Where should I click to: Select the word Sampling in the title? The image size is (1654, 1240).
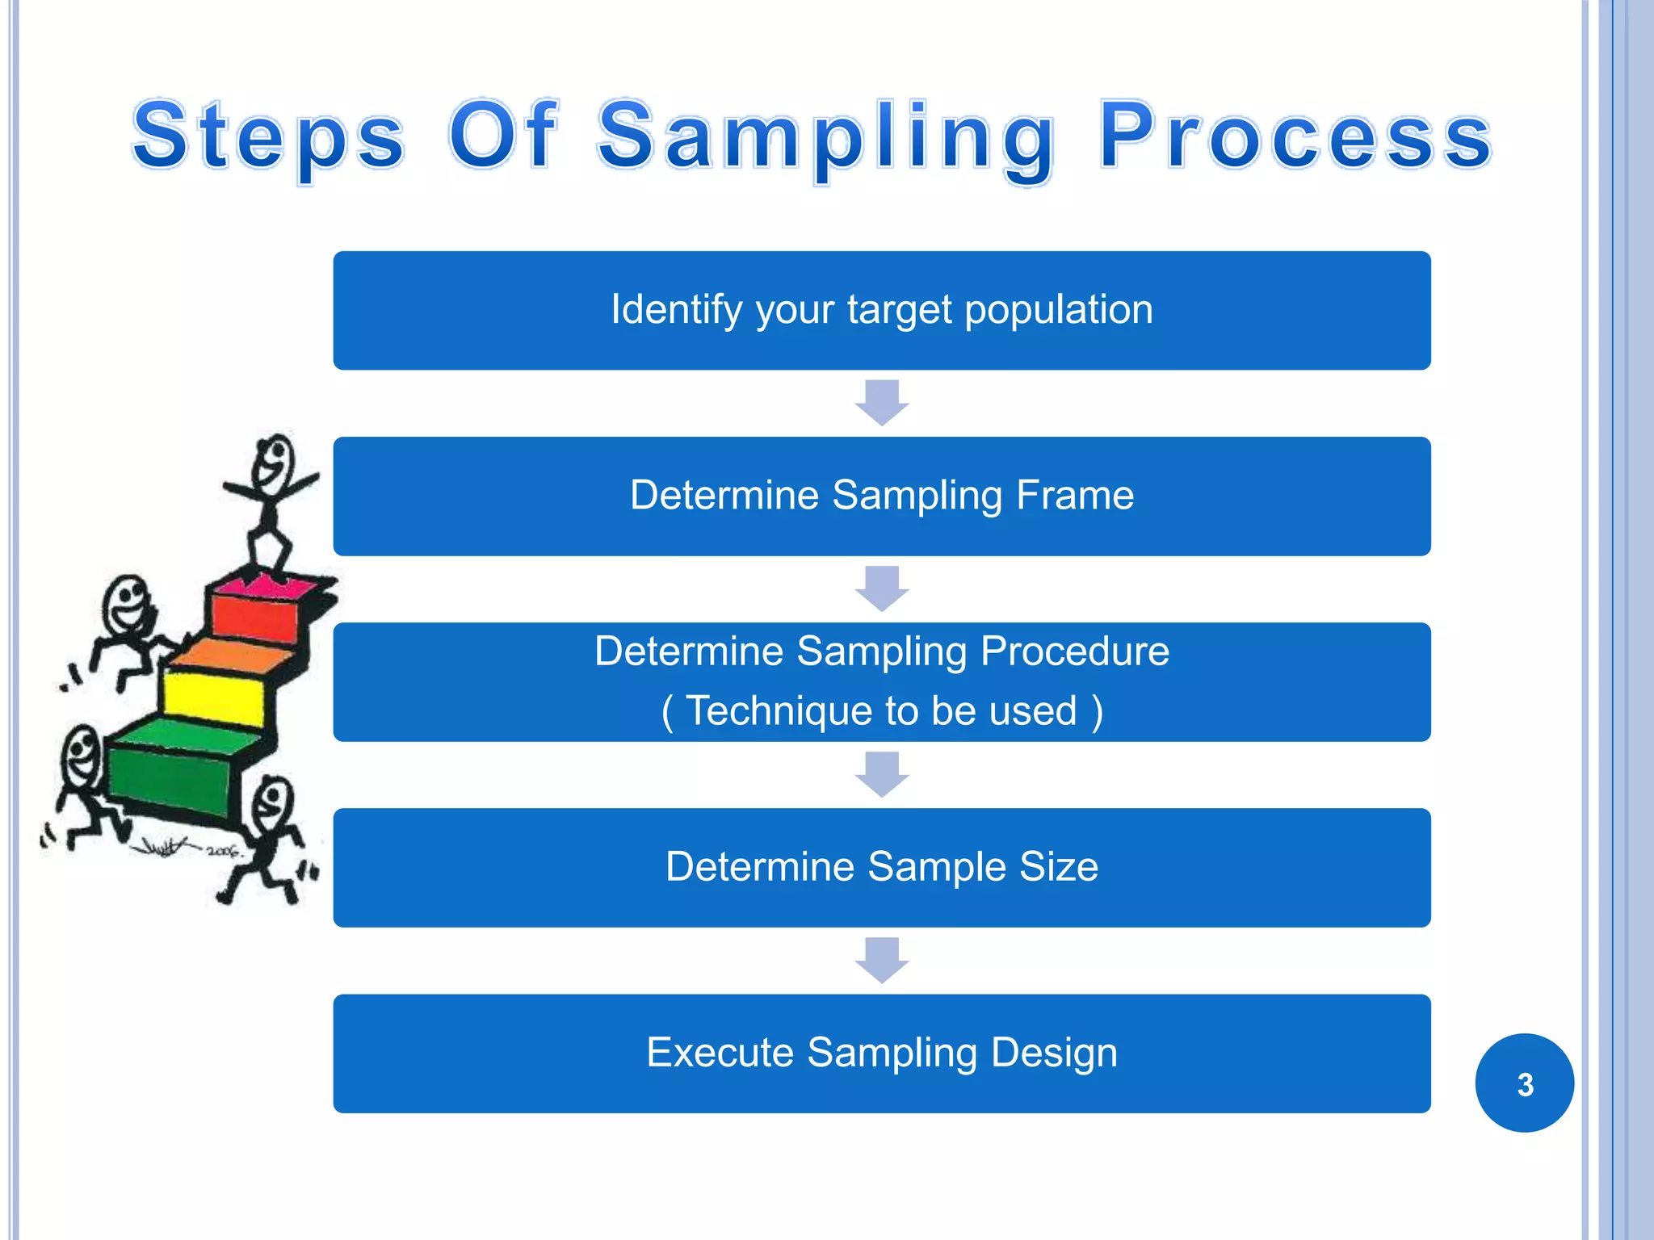click(x=825, y=137)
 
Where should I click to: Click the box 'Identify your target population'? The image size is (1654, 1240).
click(x=881, y=310)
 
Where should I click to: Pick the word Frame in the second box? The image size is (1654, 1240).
click(x=1074, y=495)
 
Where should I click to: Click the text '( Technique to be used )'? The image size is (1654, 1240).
click(x=881, y=711)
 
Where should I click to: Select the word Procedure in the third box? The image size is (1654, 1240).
click(x=1074, y=651)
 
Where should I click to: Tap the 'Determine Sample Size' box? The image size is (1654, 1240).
click(x=881, y=867)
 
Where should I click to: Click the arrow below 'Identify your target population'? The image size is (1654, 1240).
click(x=882, y=402)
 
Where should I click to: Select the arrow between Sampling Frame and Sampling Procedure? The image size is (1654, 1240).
click(x=882, y=588)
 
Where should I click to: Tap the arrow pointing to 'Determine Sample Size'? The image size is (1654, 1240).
click(x=882, y=773)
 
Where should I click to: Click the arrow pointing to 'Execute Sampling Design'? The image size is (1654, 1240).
click(x=882, y=959)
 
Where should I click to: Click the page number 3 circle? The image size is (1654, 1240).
click(x=1524, y=1083)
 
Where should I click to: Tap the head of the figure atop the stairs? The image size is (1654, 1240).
click(x=273, y=463)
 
